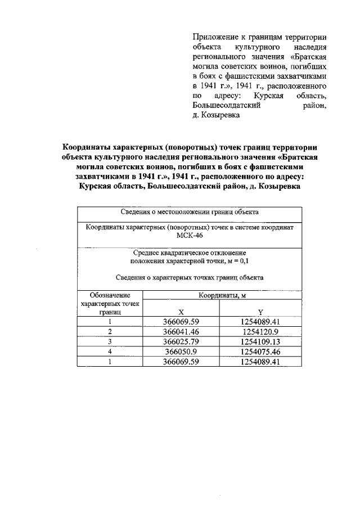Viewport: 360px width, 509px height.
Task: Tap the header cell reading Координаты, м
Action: tap(221, 295)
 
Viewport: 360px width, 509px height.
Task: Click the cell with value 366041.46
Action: tap(181, 332)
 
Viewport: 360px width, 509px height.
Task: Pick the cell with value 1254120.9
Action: tap(260, 332)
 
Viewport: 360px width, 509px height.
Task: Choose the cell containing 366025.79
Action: tap(181, 342)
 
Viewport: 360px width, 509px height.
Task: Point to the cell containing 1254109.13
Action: tap(260, 342)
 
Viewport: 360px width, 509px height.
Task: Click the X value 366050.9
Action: tap(181, 352)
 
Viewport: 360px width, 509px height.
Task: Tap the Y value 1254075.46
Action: tap(260, 352)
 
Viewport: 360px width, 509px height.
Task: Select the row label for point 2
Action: tap(110, 332)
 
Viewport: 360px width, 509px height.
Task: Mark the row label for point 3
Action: tap(110, 342)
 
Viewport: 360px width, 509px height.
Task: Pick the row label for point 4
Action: tap(110, 352)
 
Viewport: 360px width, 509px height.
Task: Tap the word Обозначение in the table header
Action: tap(110, 295)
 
